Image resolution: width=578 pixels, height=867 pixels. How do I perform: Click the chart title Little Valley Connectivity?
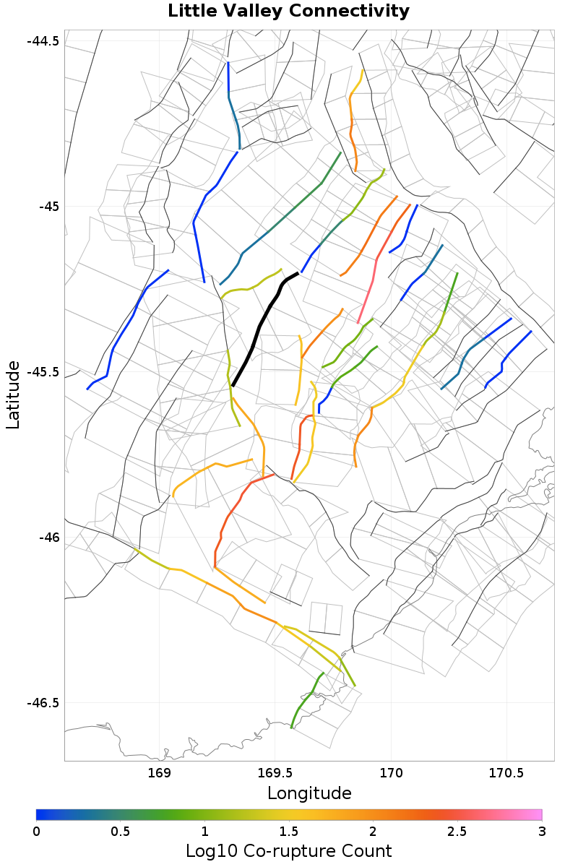[288, 12]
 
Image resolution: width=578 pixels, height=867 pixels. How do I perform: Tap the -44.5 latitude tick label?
[43, 40]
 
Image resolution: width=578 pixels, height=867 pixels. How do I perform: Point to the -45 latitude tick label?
[48, 206]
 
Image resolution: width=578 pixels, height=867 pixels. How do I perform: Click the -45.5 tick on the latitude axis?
[43, 372]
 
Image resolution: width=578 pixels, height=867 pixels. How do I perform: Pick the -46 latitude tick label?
[48, 538]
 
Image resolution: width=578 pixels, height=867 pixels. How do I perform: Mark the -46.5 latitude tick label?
[43, 702]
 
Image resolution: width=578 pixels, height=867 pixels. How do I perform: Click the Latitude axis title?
[14, 395]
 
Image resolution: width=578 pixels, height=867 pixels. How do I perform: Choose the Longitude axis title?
[309, 793]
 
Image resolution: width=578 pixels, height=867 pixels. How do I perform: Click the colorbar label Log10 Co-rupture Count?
[289, 850]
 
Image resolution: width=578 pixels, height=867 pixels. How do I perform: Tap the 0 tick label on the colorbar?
[37, 832]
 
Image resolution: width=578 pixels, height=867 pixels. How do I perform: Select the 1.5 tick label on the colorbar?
[289, 832]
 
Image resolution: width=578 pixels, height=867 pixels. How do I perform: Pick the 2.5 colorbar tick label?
[457, 832]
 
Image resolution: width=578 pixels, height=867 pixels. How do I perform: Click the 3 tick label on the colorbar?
[542, 832]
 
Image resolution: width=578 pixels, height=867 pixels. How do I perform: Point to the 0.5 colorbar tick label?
[121, 832]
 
